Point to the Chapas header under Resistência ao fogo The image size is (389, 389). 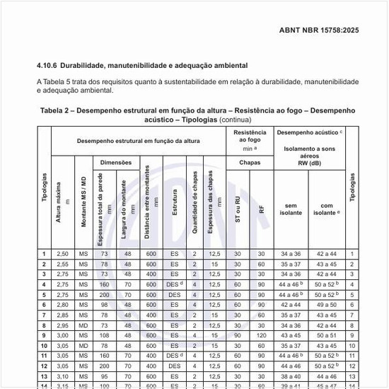(x=250, y=162)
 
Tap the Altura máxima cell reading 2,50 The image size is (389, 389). (x=62, y=254)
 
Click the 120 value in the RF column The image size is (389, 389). (x=261, y=336)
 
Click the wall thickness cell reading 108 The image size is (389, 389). (x=104, y=336)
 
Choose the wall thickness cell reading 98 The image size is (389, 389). (x=104, y=305)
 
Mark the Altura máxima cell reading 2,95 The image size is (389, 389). (x=62, y=325)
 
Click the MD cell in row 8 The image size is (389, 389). (x=83, y=325)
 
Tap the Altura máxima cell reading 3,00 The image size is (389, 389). (x=62, y=336)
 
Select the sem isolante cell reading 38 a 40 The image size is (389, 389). (x=291, y=377)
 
